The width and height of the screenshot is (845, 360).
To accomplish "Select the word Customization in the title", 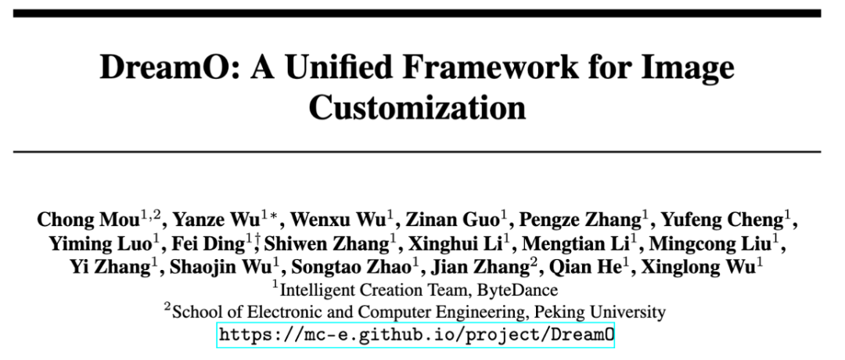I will [x=417, y=107].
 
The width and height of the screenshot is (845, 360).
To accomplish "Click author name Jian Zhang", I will [x=484, y=267].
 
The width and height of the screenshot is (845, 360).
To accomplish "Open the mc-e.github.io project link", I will [x=416, y=335].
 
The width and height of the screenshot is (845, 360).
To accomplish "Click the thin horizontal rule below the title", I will [x=422, y=151].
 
